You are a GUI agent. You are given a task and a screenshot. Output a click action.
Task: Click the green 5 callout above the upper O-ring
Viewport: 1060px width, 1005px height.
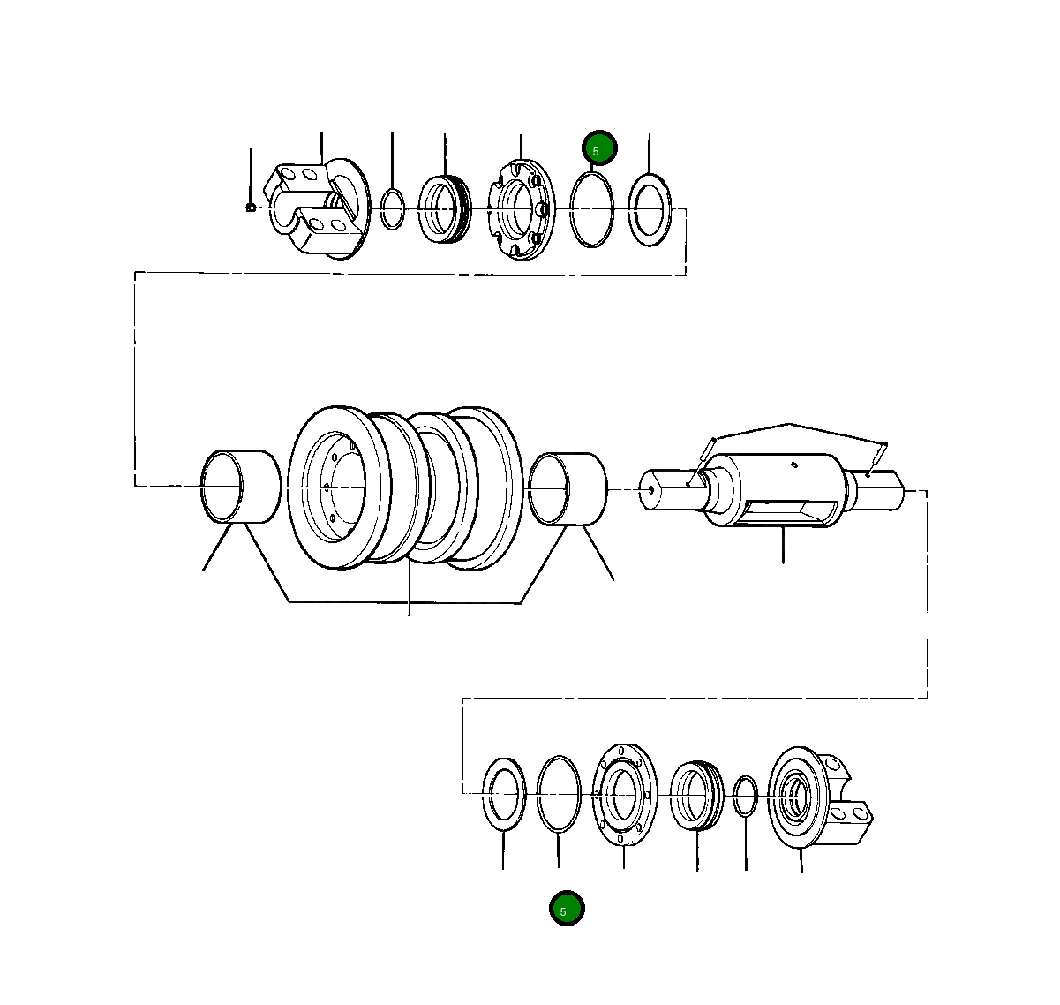[x=599, y=149]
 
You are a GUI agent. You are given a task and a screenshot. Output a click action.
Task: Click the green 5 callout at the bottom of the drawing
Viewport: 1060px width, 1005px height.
[x=567, y=909]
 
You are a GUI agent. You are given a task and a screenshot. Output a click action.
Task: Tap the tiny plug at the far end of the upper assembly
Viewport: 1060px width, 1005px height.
[x=251, y=208]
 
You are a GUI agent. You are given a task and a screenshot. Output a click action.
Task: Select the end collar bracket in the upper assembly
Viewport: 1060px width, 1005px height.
[x=318, y=210]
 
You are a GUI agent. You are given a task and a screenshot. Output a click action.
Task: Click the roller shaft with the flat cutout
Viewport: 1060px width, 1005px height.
[x=777, y=491]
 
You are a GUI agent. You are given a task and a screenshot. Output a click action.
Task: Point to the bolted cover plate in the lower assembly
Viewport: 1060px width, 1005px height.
[x=625, y=794]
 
